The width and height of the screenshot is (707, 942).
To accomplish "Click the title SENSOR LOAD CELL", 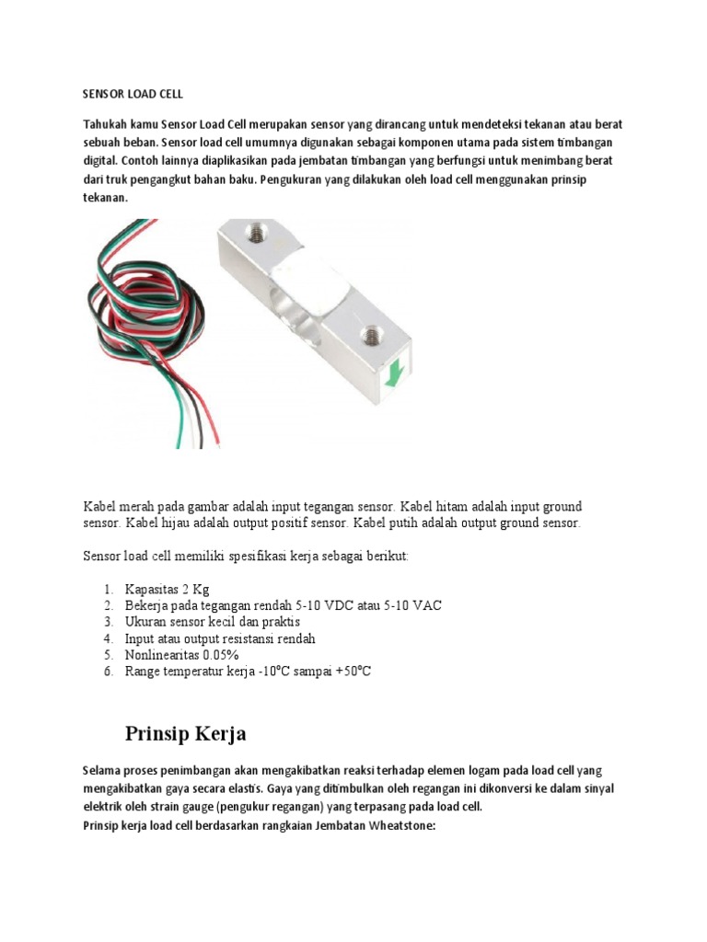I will pos(134,94).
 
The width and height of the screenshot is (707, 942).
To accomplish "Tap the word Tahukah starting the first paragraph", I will pos(106,124).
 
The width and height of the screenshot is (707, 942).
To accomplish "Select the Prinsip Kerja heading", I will pos(185,733).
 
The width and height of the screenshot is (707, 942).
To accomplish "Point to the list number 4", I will pos(107,638).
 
